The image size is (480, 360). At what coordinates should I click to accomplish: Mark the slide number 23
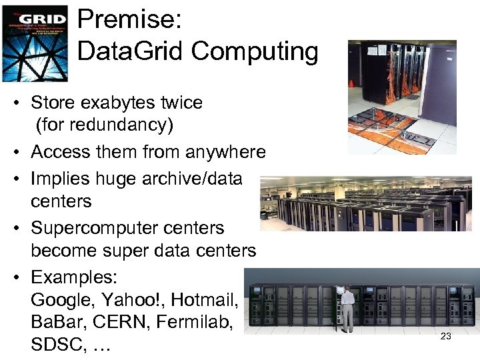(x=446, y=336)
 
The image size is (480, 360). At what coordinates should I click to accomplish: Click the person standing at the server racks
(x=347, y=306)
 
